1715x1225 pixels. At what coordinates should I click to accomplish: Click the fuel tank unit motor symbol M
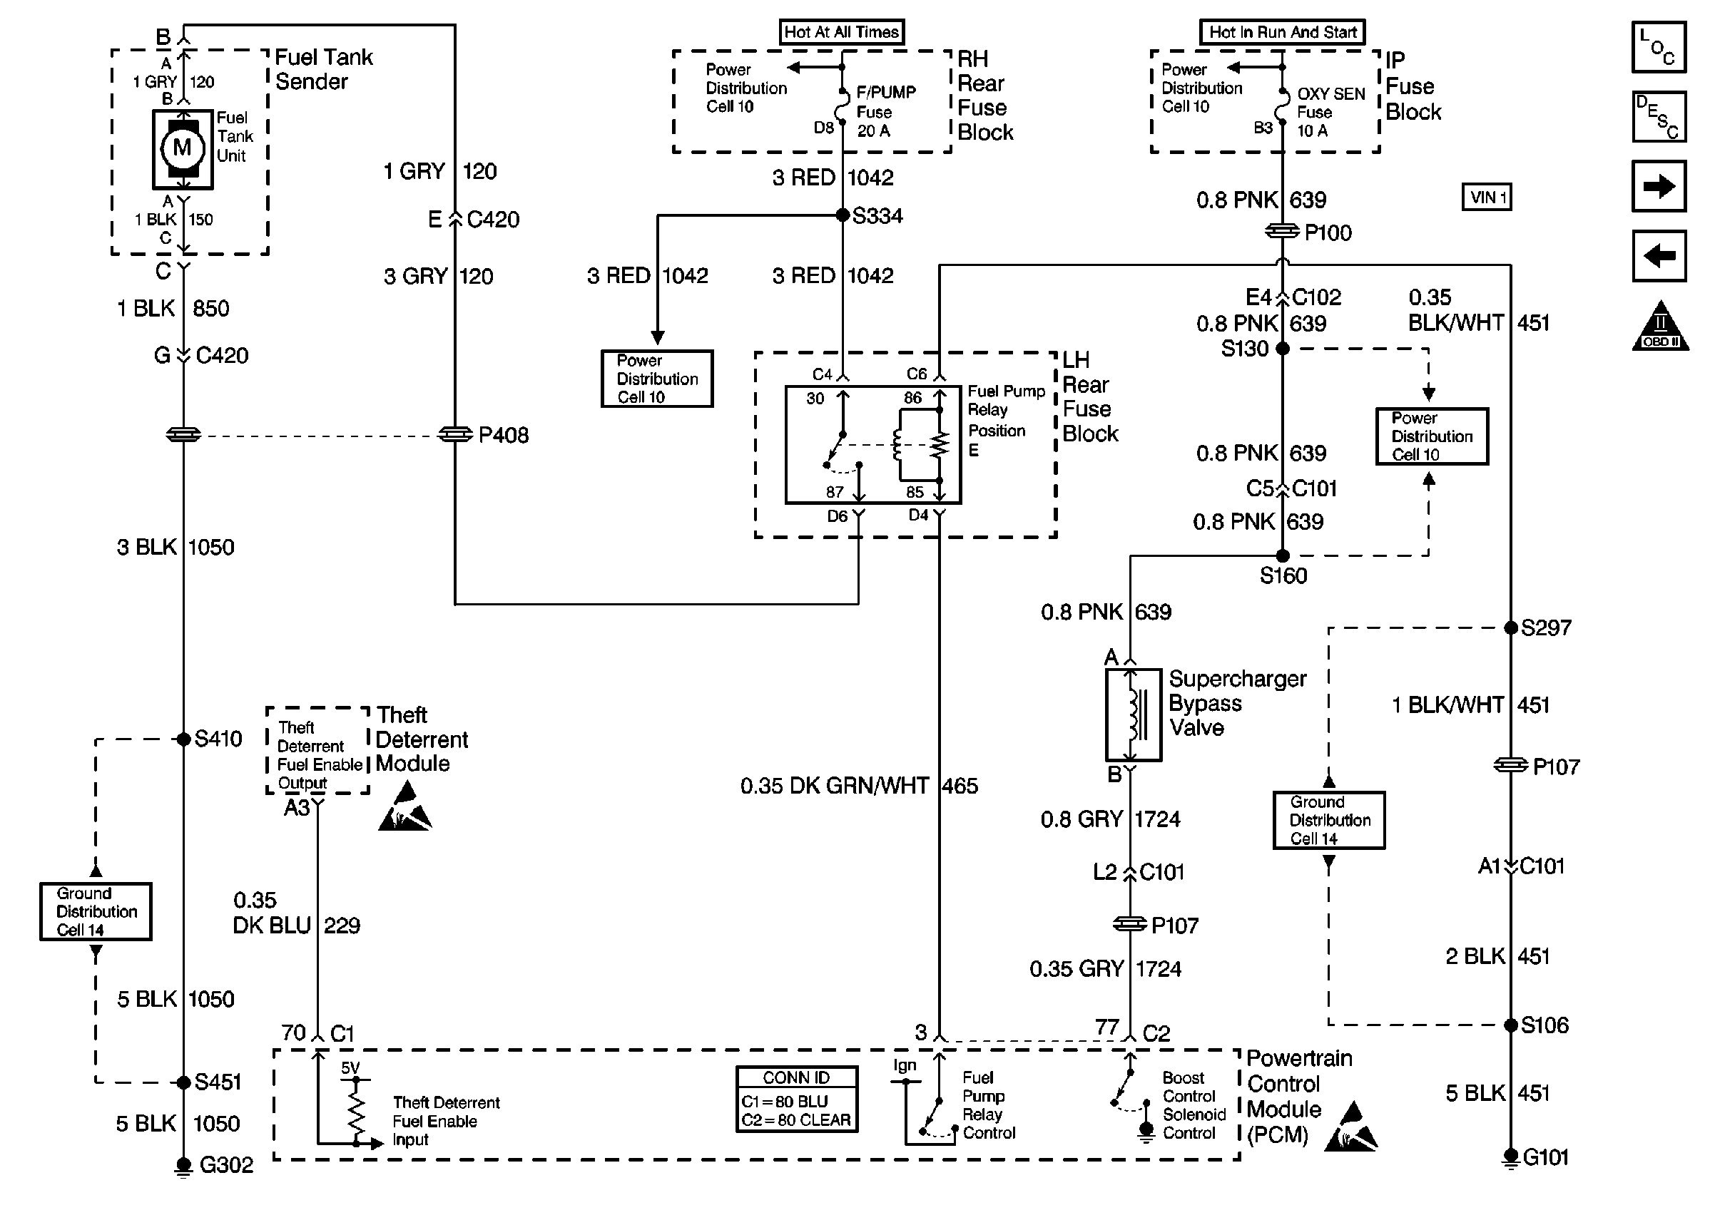182,148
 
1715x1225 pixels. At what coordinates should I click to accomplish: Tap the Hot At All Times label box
841,32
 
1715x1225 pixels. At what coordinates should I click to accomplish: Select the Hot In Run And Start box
1282,32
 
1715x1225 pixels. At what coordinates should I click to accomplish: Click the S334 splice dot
843,216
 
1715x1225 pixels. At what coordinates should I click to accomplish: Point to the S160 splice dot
1282,556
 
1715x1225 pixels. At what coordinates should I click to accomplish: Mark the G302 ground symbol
183,1165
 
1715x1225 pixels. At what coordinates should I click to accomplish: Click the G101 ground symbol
1510,1157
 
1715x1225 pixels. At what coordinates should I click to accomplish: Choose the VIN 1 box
1487,198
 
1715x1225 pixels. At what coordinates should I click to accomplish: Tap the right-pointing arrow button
1659,186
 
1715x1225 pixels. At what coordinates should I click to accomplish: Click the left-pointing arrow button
1659,256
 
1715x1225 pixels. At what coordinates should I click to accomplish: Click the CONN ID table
796,1099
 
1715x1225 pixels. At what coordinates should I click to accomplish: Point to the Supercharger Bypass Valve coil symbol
1133,714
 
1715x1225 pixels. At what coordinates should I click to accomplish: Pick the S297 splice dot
1510,627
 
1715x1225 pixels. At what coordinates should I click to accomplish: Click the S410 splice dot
183,739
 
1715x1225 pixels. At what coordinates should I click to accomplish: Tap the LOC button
1659,47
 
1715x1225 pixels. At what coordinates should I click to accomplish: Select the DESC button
1659,117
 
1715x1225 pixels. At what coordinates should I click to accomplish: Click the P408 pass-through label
503,435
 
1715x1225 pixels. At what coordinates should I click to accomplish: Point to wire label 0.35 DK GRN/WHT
834,786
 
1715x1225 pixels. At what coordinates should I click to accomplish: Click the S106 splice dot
1510,1025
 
